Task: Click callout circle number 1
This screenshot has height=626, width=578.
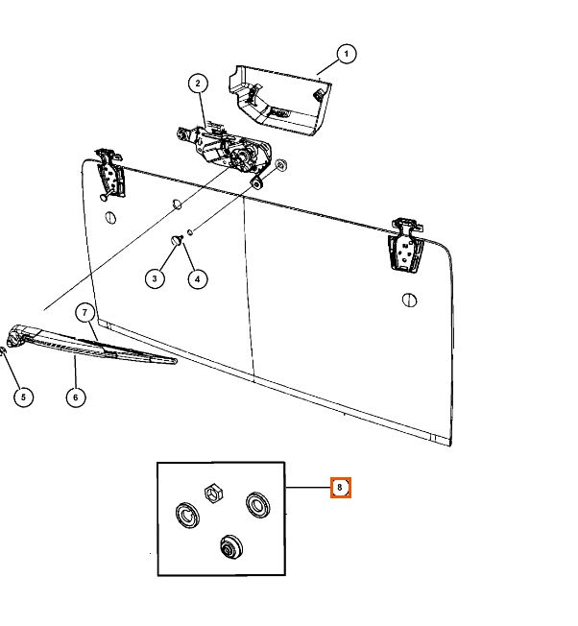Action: click(x=346, y=54)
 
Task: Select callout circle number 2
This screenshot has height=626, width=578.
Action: click(x=198, y=84)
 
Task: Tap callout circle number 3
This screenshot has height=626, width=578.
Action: click(x=155, y=277)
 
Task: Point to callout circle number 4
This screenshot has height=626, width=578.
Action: click(x=198, y=278)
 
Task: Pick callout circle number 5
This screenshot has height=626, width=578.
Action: click(x=24, y=397)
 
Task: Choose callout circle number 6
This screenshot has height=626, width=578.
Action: click(x=76, y=397)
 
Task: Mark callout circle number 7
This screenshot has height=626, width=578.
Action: click(x=85, y=313)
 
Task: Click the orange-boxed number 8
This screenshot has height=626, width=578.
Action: click(x=341, y=488)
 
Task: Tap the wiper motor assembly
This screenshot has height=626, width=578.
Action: click(x=225, y=150)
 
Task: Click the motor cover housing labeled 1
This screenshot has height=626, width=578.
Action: click(x=279, y=100)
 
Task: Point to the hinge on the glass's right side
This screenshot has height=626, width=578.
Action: click(x=405, y=245)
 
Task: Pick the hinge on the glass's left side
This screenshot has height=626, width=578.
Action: click(x=109, y=174)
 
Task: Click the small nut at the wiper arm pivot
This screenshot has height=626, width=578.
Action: click(x=2, y=351)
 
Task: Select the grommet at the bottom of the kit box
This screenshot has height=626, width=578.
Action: click(x=230, y=547)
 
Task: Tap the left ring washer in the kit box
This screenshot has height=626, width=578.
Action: click(x=187, y=514)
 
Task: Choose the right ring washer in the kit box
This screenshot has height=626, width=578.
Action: click(x=257, y=505)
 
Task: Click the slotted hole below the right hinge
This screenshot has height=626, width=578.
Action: click(x=409, y=300)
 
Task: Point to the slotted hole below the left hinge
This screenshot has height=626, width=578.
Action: click(x=111, y=217)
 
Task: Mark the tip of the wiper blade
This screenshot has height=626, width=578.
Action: click(x=175, y=361)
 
